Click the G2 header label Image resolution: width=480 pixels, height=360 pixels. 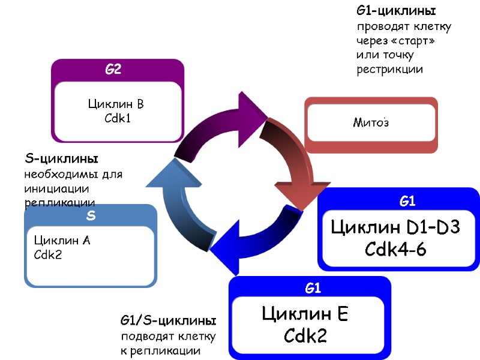[x=113, y=70]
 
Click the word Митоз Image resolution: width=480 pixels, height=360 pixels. [x=370, y=123]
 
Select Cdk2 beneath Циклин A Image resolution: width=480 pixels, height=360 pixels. [x=48, y=254]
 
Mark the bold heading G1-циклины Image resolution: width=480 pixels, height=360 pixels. [x=395, y=11]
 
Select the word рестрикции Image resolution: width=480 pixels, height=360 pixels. [x=390, y=70]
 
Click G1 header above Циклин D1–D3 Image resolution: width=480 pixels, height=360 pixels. [x=408, y=202]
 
